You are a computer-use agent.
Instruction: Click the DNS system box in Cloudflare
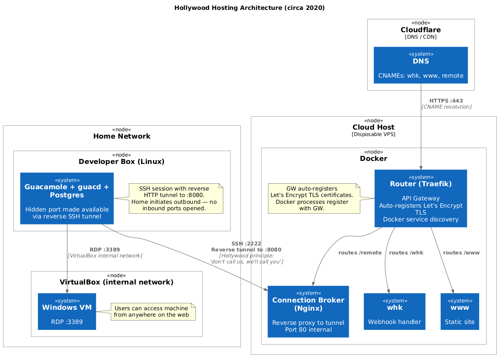click(x=421, y=65)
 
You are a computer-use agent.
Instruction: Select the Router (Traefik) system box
click(x=421, y=198)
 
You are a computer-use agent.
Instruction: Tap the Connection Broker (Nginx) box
click(x=308, y=312)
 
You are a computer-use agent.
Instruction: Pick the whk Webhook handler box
click(x=394, y=312)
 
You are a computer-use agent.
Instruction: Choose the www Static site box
click(x=460, y=312)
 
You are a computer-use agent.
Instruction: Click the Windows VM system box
click(x=67, y=312)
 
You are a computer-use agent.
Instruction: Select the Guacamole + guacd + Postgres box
click(x=67, y=198)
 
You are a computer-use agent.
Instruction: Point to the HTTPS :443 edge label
click(x=446, y=101)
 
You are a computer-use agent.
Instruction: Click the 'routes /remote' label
click(x=360, y=253)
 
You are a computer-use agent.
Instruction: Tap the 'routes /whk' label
click(x=406, y=253)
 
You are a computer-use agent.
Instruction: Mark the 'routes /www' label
click(x=461, y=253)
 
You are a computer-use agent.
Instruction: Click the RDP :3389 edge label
click(x=105, y=250)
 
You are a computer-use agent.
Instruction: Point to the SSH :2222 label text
click(x=246, y=244)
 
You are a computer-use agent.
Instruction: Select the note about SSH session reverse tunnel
click(x=176, y=198)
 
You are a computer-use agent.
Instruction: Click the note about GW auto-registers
click(x=314, y=198)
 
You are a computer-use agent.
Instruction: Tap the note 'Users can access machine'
click(x=153, y=312)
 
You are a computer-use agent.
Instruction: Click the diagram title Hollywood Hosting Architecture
click(x=249, y=8)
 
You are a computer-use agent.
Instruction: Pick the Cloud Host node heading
click(x=373, y=127)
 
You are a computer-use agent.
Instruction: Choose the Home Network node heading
click(x=122, y=136)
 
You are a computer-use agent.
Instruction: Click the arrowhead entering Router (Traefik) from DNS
click(x=421, y=168)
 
